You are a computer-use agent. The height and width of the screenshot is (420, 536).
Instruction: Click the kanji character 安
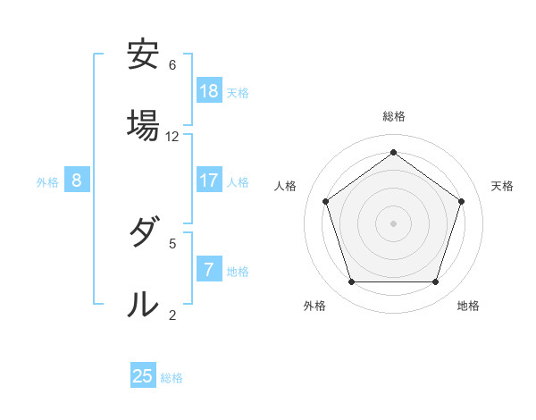click(x=143, y=55)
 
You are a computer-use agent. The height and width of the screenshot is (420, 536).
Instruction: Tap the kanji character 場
click(x=143, y=123)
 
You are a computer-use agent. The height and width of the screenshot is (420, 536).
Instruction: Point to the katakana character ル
click(x=143, y=303)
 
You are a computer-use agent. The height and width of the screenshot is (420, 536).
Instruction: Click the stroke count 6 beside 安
click(x=172, y=65)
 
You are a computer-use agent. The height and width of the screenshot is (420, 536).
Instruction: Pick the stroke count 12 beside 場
click(x=172, y=137)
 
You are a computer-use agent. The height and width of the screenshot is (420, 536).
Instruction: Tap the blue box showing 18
click(x=209, y=91)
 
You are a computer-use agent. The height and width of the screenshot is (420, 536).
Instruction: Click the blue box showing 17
click(x=209, y=181)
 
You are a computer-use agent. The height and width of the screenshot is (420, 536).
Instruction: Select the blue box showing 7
click(x=209, y=270)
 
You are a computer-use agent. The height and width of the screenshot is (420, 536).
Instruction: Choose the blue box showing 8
click(x=77, y=181)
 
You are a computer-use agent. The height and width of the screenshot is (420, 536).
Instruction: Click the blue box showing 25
click(x=143, y=376)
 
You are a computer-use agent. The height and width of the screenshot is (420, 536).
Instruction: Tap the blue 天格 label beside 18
click(x=238, y=92)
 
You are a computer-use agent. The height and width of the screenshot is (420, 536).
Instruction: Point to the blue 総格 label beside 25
click(x=172, y=377)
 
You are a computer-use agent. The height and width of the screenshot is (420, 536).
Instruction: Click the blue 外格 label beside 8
click(x=47, y=181)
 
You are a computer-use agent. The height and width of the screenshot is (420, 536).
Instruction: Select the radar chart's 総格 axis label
click(x=394, y=116)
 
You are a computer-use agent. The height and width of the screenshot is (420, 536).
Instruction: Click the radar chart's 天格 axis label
click(x=503, y=186)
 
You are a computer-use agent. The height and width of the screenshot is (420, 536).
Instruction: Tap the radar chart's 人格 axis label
click(x=286, y=186)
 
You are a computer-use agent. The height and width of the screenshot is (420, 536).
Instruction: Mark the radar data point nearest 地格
click(x=435, y=282)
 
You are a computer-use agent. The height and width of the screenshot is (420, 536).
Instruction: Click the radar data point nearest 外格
click(x=351, y=282)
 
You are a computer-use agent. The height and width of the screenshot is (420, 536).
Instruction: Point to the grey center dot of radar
click(x=393, y=223)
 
